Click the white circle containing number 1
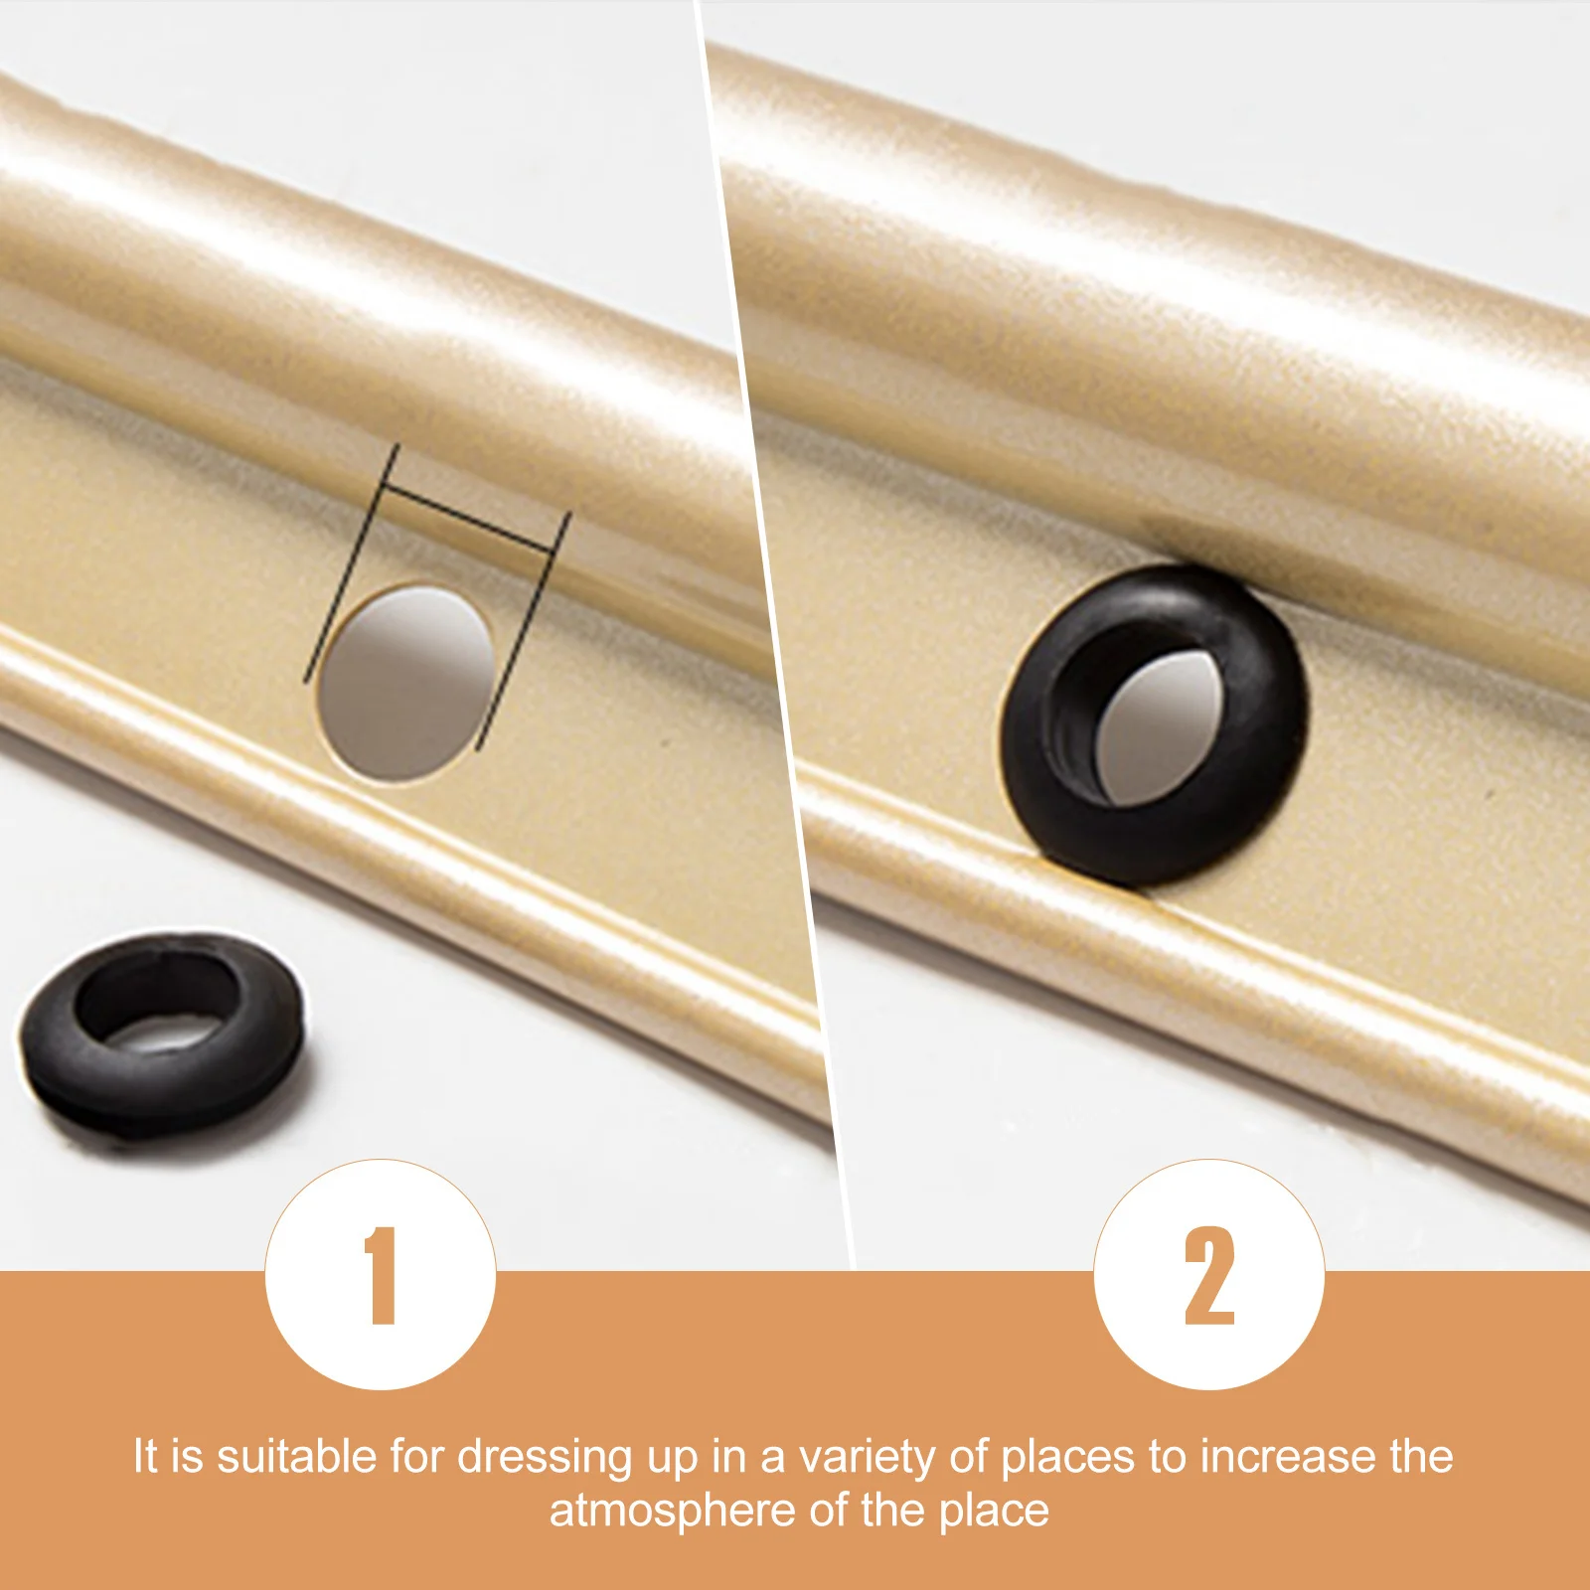pyautogui.click(x=381, y=1274)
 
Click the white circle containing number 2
pyautogui.click(x=1209, y=1274)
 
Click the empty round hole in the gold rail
pyautogui.click(x=408, y=683)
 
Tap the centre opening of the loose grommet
pyautogui.click(x=159, y=1014)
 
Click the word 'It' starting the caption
pyautogui.click(x=145, y=1457)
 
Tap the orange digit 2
pyautogui.click(x=1209, y=1276)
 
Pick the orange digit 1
pyautogui.click(x=382, y=1276)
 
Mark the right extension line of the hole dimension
pyautogui.click(x=524, y=631)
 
